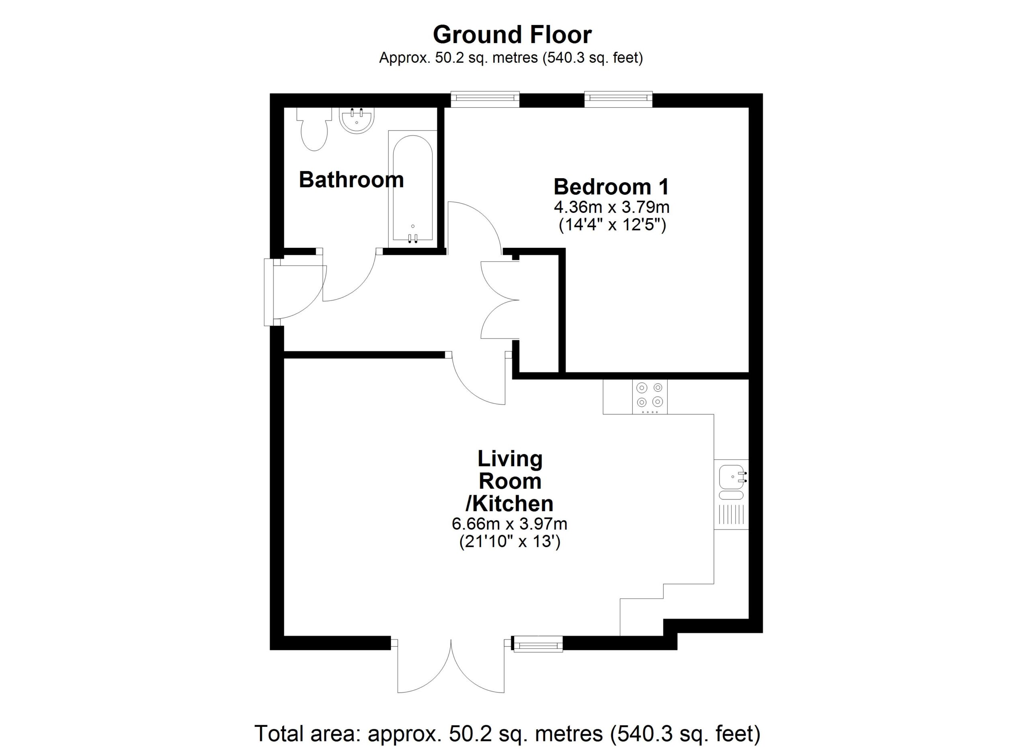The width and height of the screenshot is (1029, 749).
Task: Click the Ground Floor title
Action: click(x=512, y=35)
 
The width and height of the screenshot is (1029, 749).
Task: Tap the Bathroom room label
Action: click(x=351, y=180)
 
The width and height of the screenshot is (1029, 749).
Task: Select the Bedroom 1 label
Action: click(x=611, y=187)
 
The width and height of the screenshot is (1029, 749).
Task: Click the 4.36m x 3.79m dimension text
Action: click(x=611, y=208)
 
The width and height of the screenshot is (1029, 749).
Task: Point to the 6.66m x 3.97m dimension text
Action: click(x=509, y=524)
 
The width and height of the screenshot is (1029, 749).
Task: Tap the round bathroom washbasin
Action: click(x=357, y=121)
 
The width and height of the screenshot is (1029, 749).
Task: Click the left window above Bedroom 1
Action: click(x=485, y=99)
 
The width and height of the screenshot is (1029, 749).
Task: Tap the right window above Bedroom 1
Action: click(x=618, y=99)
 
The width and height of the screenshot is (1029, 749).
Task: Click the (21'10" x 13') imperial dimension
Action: click(x=510, y=542)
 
